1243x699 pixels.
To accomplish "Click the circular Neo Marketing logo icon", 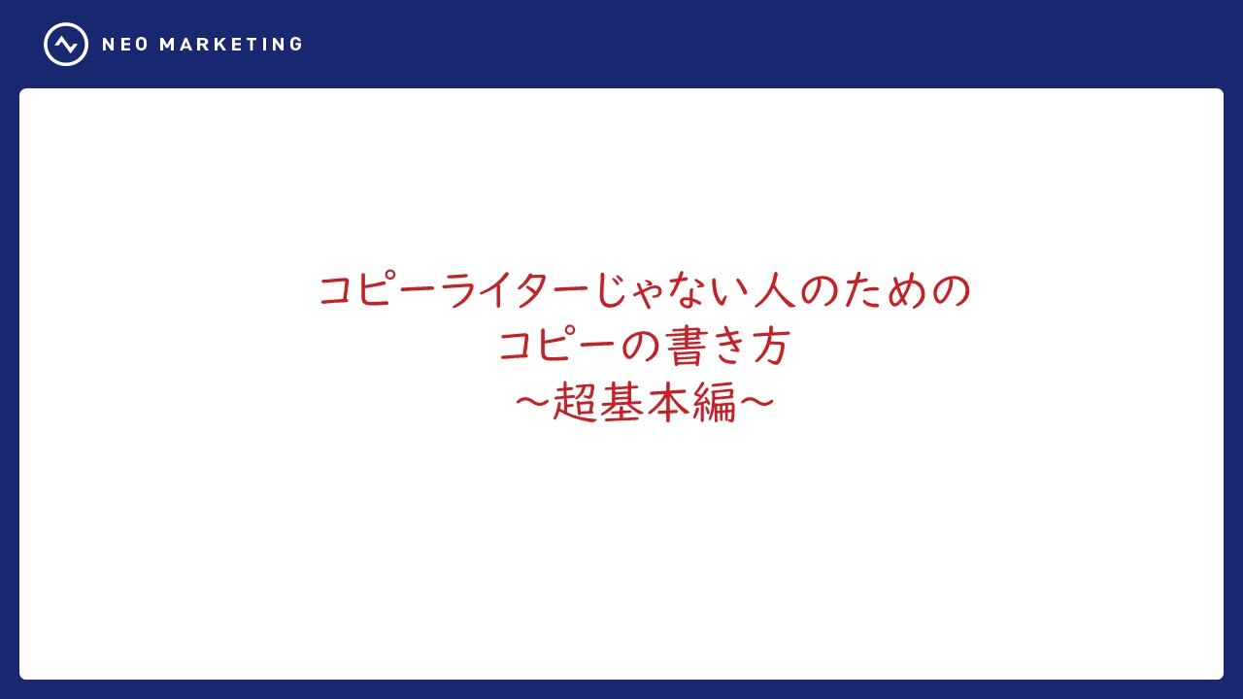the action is [x=66, y=45].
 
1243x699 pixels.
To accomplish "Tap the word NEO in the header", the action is [x=125, y=45].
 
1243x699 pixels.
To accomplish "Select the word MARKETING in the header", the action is [x=231, y=45].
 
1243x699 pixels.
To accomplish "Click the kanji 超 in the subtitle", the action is [x=574, y=402].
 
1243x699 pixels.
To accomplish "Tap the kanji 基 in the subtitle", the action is [x=621, y=402].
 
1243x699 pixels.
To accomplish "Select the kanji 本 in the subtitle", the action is [x=668, y=402].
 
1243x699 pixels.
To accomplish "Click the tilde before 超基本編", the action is [x=532, y=402].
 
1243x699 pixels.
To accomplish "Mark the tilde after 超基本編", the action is [x=756, y=402].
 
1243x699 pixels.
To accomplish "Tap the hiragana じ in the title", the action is [x=614, y=289].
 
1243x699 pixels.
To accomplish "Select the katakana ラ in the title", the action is [x=460, y=289].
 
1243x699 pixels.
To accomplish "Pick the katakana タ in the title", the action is [x=532, y=289].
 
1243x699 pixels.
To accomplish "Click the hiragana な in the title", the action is [x=689, y=289].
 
